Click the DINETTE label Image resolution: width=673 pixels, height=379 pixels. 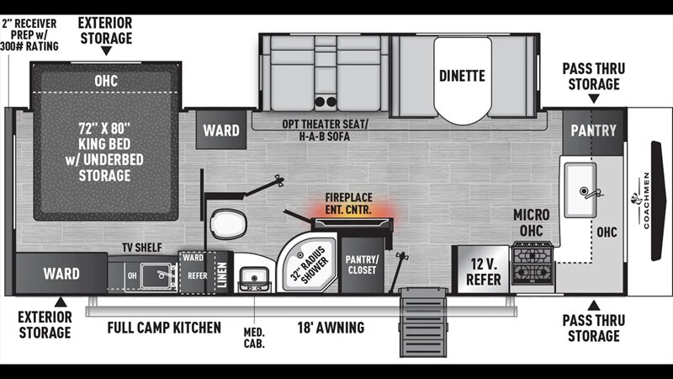(x=462, y=76)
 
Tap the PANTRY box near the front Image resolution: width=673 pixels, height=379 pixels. (x=594, y=131)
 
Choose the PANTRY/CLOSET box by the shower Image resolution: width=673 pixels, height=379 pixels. (x=362, y=264)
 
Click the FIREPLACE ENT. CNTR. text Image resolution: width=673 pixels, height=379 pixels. (x=349, y=202)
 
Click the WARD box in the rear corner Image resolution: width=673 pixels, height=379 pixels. (x=61, y=274)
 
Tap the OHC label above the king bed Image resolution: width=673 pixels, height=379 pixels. (x=106, y=80)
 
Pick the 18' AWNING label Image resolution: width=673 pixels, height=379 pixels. (x=330, y=328)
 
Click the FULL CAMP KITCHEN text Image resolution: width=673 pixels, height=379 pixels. (x=164, y=328)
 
